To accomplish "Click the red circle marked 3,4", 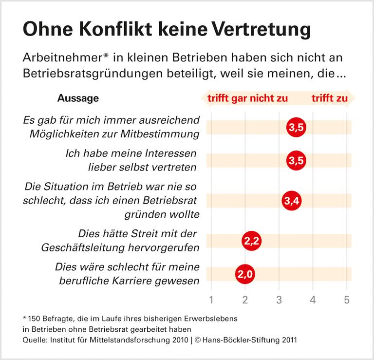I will pos(291,201).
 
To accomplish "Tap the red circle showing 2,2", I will pos(251,241).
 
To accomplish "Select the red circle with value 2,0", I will pos(245,274).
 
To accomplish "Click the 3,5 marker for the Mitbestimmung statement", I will pos(296,128).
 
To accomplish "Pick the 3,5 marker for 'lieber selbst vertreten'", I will pos(296,161).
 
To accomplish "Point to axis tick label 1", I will pos(211,300).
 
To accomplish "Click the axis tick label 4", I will pos(313,300).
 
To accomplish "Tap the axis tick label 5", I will pos(347,300).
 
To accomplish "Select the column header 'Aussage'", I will pos(78,98).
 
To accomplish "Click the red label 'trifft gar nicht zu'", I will pos(248,98).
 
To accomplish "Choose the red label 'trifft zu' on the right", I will pos(330,98).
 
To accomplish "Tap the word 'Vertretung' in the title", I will pos(262,30).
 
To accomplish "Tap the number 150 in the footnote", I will pos(35,319).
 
